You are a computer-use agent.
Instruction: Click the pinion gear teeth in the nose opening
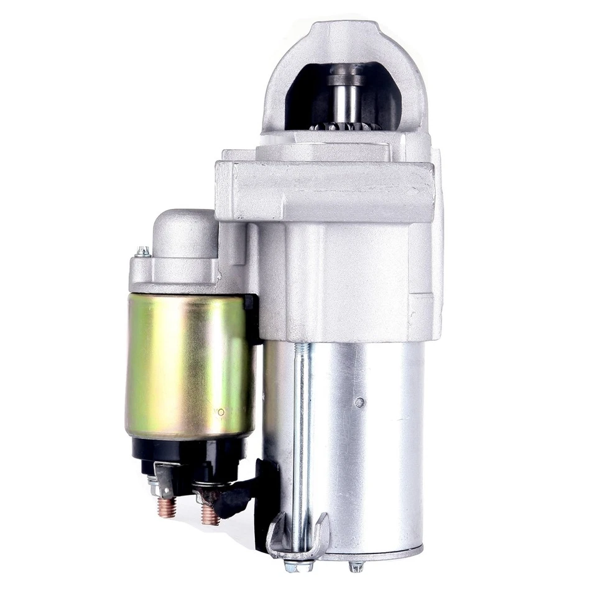pos(346,126)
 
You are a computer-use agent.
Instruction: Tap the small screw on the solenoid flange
pos(143,251)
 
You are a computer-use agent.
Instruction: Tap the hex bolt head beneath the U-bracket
pos(292,565)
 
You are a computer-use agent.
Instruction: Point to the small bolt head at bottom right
pos(356,565)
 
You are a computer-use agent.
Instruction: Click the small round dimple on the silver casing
pos(359,402)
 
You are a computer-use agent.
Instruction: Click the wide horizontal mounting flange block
pos(323,190)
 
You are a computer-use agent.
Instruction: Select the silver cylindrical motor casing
pos(367,448)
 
